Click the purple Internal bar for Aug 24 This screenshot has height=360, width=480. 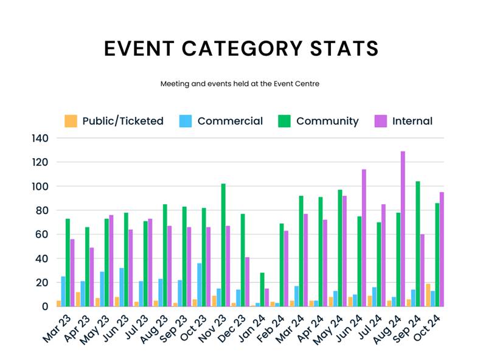(x=403, y=229)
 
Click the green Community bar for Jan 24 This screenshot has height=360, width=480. (x=262, y=289)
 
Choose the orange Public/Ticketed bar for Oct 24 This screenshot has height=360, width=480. (x=428, y=295)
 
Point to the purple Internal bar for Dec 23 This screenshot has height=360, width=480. (x=248, y=282)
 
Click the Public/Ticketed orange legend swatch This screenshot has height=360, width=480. (x=71, y=121)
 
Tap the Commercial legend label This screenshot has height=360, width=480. (x=230, y=121)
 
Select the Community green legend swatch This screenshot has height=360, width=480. (x=285, y=121)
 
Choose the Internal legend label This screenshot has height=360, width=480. (x=412, y=121)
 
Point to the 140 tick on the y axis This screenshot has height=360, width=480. (x=40, y=139)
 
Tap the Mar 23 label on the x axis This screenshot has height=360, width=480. (x=54, y=328)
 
